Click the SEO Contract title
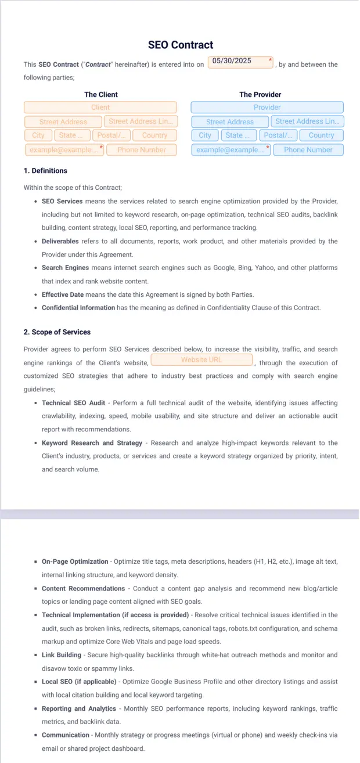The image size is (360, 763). (x=181, y=45)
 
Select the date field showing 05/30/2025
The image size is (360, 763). (x=240, y=62)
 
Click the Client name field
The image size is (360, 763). (x=100, y=107)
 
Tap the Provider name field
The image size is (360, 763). (x=267, y=107)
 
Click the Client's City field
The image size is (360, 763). (x=38, y=135)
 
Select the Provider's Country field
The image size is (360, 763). (x=321, y=135)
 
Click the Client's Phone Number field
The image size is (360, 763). (x=142, y=150)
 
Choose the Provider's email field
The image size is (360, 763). (x=231, y=150)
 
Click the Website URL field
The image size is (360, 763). (x=201, y=360)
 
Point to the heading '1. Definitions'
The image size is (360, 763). (x=45, y=171)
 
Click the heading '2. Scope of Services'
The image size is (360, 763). (x=57, y=332)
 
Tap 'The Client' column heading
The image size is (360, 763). (x=101, y=95)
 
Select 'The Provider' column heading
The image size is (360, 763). (x=260, y=95)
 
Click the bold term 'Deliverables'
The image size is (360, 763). (x=63, y=242)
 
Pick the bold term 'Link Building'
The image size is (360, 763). (x=62, y=655)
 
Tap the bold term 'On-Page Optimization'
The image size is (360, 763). (x=75, y=562)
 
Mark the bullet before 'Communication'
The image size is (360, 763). (x=36, y=735)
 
